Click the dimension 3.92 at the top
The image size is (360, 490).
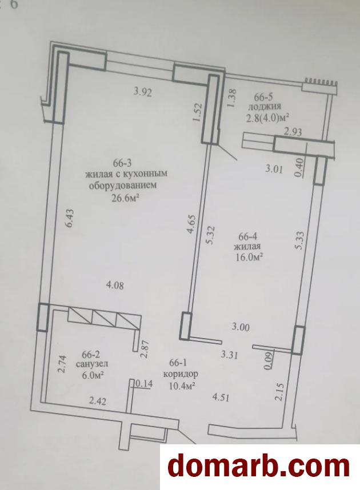(142, 93)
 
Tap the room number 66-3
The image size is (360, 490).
(123, 163)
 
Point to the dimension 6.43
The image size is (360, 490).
(69, 218)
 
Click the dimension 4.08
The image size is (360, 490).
(115, 285)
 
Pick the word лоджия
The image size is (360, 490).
(265, 107)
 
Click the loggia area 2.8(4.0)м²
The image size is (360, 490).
(267, 118)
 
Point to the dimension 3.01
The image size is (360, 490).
(274, 170)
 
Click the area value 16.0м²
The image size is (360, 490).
(249, 258)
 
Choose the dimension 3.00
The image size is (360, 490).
(241, 327)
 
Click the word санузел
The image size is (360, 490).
(92, 364)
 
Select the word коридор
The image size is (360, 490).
(181, 373)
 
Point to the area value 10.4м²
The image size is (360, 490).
(182, 385)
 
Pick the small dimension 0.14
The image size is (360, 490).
(144, 383)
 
